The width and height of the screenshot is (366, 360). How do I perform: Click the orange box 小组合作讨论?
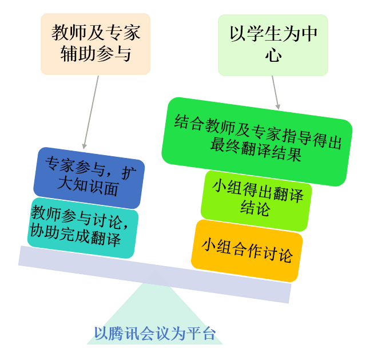pos(246,251)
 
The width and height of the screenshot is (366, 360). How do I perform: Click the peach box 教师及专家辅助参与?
pos(96,43)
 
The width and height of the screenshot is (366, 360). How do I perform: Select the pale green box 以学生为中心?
pos(273,45)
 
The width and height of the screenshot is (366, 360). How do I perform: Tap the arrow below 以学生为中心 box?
pos(275,92)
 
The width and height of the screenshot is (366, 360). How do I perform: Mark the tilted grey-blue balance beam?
pos(154,274)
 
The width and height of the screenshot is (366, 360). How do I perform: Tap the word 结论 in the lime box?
pos(255,209)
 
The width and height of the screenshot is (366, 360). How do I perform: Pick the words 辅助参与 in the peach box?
pos(96,54)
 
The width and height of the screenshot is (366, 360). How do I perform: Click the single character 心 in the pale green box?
pos(273,56)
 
